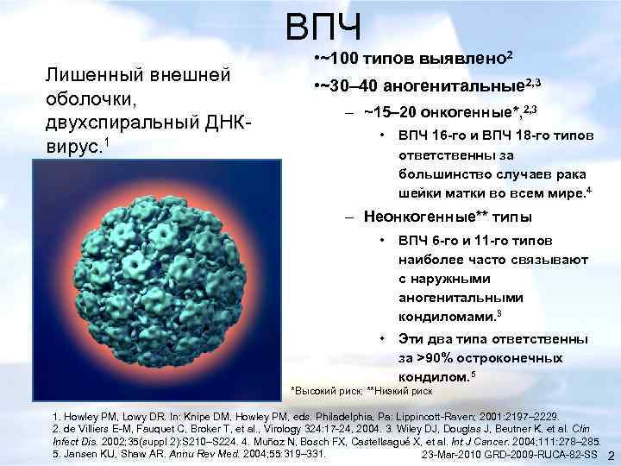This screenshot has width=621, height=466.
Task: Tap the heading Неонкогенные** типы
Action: (448, 217)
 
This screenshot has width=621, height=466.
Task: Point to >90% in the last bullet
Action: (436, 358)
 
